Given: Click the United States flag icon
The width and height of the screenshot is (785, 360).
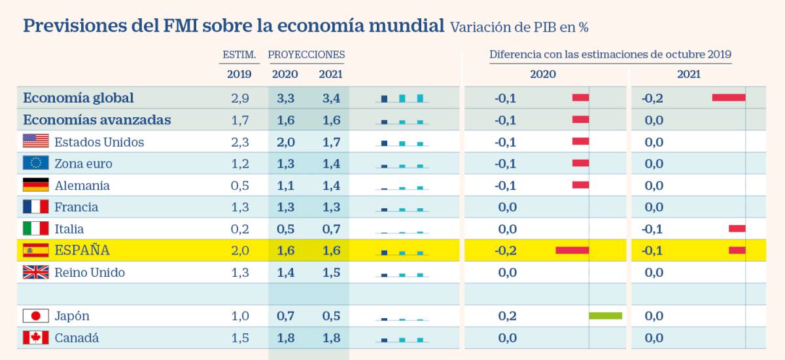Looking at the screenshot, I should [36, 141].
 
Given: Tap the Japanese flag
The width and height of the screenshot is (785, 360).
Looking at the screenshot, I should [36, 316].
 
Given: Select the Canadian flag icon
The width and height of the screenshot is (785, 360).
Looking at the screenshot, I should [36, 338].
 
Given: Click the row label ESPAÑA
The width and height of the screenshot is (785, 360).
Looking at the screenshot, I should [82, 251].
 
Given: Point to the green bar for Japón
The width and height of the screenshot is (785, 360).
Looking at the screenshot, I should [605, 316].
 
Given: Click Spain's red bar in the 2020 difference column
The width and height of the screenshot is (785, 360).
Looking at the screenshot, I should [572, 250].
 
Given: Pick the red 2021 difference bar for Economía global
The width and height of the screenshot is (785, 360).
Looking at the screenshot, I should [728, 98].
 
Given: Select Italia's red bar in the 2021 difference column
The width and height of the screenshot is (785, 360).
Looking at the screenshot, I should [737, 228].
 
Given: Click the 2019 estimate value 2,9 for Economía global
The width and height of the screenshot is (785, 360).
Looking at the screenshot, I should [239, 98].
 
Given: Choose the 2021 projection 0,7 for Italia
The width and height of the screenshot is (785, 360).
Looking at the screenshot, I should [331, 229].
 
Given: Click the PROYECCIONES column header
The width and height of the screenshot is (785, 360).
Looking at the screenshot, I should [306, 54].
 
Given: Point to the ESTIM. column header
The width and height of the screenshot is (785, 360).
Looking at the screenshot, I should [239, 54].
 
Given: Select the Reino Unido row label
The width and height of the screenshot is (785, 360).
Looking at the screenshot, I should [90, 272].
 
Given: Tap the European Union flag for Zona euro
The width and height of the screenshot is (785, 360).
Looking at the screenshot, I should [36, 163].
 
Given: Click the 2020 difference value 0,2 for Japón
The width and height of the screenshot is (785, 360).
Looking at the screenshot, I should [507, 316].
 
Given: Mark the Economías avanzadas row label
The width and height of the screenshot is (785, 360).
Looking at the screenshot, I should [97, 120].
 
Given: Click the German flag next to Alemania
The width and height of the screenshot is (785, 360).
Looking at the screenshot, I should [36, 185].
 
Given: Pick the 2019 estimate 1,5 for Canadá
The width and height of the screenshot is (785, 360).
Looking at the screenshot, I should [239, 338].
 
